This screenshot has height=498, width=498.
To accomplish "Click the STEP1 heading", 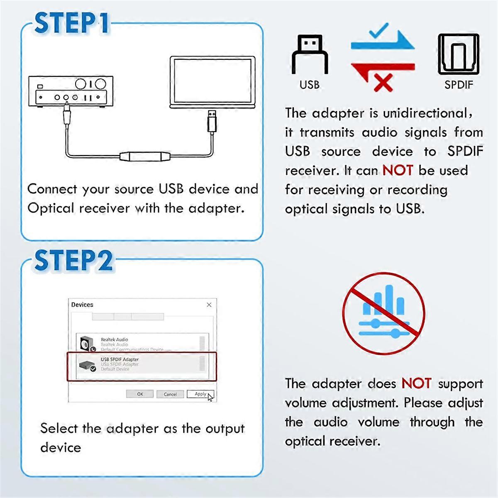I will (x=71, y=23).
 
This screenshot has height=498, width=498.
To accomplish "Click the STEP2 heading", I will (x=73, y=261).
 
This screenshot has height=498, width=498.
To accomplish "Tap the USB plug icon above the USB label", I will (x=310, y=54).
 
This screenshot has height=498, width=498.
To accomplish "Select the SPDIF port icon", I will (x=458, y=54).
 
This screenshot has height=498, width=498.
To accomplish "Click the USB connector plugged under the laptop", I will (x=212, y=120).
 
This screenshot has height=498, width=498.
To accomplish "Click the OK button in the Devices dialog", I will (x=140, y=394).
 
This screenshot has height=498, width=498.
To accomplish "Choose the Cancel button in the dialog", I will (x=170, y=394).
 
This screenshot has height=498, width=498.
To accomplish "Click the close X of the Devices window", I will (x=209, y=305).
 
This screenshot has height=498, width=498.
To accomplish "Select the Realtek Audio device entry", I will (x=115, y=340).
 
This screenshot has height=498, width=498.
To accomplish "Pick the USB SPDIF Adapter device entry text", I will (x=120, y=360).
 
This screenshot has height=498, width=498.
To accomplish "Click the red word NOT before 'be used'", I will (x=398, y=170).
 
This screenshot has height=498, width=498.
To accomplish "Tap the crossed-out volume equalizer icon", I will (x=383, y=313).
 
